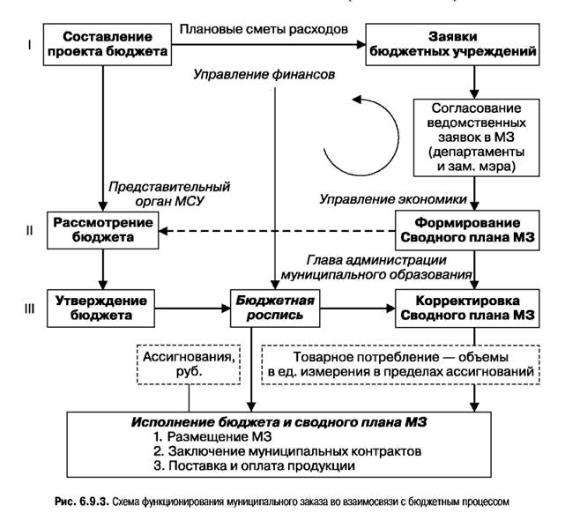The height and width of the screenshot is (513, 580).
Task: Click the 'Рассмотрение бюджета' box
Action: [x=103, y=229]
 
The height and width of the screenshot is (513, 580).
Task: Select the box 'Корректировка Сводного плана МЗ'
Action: [x=476, y=308]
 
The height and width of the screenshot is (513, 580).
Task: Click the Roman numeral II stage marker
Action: [x=28, y=230]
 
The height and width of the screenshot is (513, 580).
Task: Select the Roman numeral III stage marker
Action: [x=28, y=309]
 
